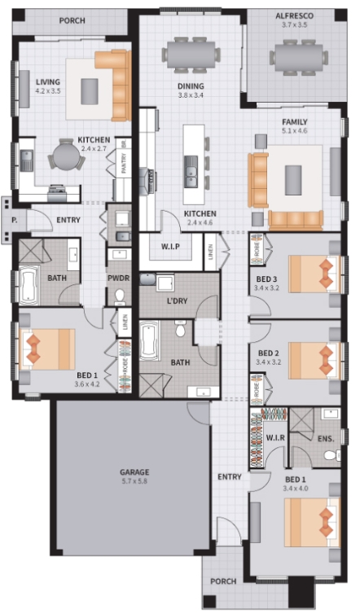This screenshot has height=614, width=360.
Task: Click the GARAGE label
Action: click(x=134, y=471)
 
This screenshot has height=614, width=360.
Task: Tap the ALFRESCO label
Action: click(x=294, y=15)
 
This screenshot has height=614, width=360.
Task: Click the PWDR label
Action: click(x=119, y=278)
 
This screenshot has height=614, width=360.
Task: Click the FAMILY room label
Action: click(x=295, y=121)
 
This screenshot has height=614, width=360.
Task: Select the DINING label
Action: click(x=191, y=86)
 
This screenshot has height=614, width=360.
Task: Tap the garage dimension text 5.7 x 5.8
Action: click(x=134, y=481)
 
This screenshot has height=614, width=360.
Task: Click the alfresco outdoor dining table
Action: click(x=299, y=56)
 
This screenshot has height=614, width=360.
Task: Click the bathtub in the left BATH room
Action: click(x=30, y=285)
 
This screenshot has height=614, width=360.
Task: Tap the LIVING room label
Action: click(x=48, y=81)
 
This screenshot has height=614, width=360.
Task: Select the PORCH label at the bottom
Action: click(x=223, y=581)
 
